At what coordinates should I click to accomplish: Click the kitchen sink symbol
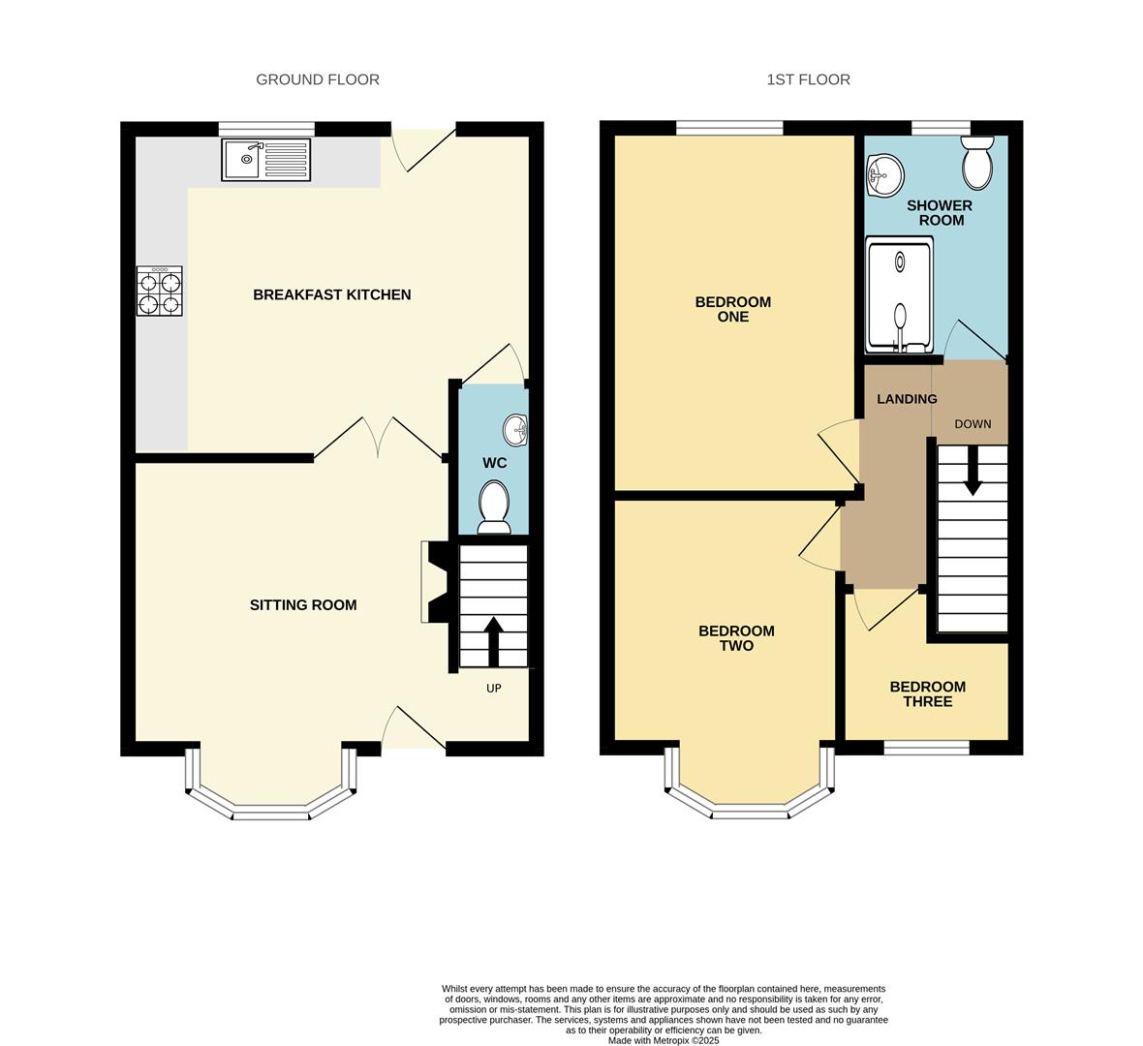click(x=266, y=160)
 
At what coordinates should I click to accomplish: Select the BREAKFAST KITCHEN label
click(x=331, y=294)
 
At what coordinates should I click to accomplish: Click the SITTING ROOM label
click(x=303, y=604)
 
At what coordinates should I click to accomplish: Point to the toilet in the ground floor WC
click(x=494, y=507)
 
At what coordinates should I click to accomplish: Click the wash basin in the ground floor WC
click(x=515, y=429)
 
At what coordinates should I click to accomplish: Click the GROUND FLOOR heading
click(x=318, y=79)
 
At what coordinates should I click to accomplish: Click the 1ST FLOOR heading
click(x=808, y=79)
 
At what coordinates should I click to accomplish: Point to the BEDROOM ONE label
click(x=733, y=309)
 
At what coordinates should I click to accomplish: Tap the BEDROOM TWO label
click(x=736, y=638)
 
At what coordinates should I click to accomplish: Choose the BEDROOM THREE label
click(x=927, y=693)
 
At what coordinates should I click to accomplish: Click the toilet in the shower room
click(x=977, y=163)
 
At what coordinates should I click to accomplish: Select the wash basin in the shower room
click(x=885, y=176)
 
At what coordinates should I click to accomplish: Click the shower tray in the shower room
click(x=900, y=295)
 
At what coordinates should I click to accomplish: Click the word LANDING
click(x=907, y=399)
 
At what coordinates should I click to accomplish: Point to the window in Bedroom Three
click(x=927, y=748)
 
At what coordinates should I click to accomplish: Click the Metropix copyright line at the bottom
click(x=664, y=1041)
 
